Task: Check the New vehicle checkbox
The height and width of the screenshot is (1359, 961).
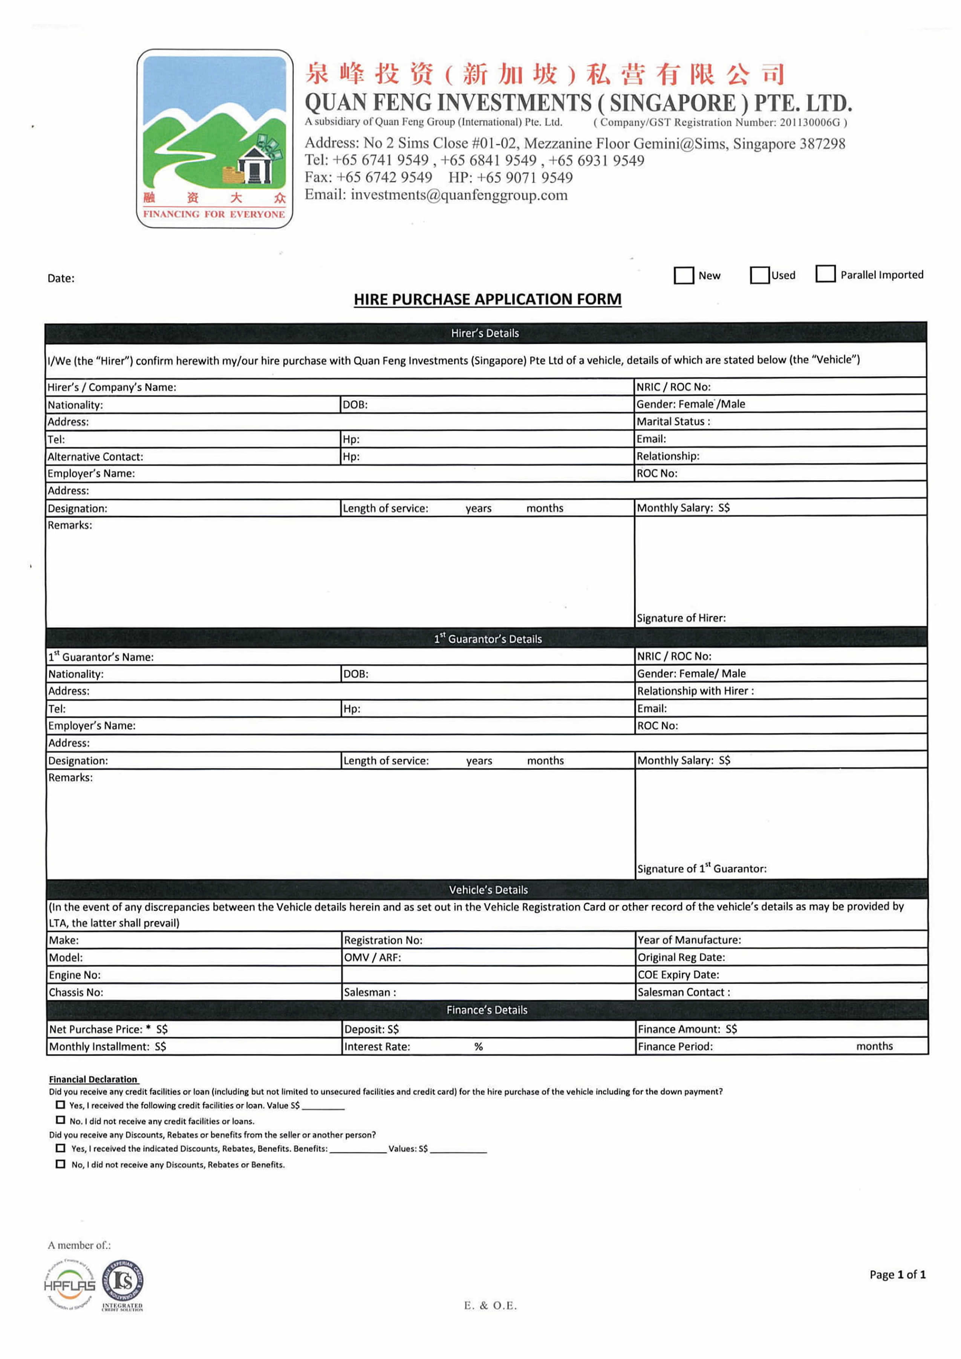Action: (x=684, y=275)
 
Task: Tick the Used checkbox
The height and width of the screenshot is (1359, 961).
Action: (x=759, y=275)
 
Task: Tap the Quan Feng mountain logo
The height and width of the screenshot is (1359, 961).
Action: (x=214, y=138)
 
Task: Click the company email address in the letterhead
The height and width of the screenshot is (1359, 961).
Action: (x=459, y=195)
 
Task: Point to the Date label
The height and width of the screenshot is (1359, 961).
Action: (x=61, y=278)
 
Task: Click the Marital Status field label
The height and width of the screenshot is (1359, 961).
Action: (x=673, y=421)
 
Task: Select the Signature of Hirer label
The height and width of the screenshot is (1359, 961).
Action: (x=681, y=618)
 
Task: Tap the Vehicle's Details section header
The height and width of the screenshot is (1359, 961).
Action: (x=488, y=890)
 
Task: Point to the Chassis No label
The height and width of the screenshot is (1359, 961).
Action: (x=76, y=993)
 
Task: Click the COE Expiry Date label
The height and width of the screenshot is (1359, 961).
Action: (x=678, y=975)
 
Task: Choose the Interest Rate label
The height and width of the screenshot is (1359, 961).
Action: (x=377, y=1046)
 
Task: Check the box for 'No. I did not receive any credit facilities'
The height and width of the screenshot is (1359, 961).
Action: (x=60, y=1120)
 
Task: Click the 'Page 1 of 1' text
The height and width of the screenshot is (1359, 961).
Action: (x=897, y=1274)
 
